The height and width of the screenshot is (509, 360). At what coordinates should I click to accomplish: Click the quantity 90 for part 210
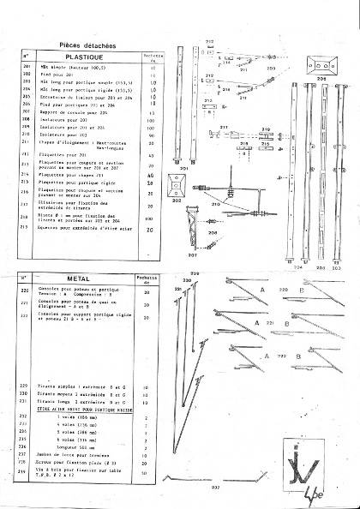click(151, 135)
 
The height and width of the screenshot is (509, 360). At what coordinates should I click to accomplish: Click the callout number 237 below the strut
click(213, 488)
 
